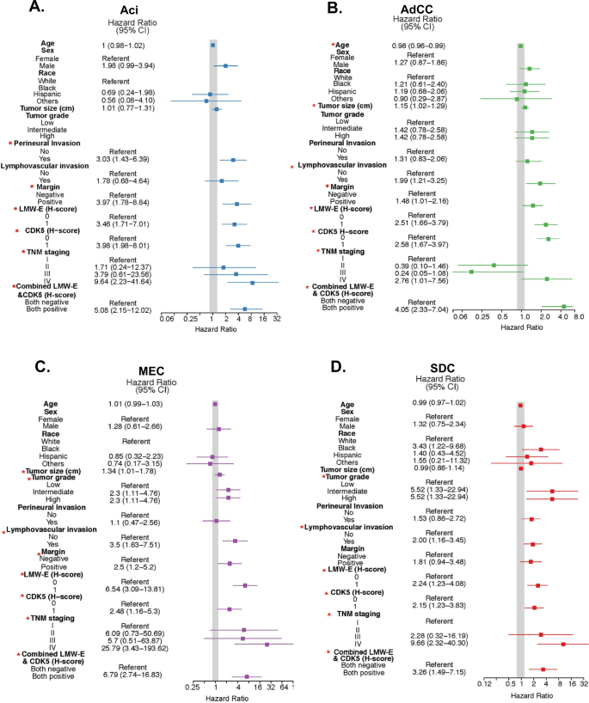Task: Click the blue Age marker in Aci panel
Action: click(213, 42)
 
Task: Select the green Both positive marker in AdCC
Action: click(564, 307)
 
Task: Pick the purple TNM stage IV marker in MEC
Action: click(267, 645)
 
